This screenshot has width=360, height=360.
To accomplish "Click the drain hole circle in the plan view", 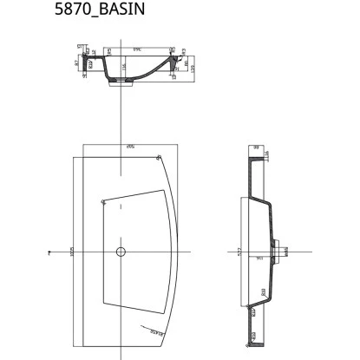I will (x=121, y=252).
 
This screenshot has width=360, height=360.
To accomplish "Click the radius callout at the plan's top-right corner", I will (x=161, y=157).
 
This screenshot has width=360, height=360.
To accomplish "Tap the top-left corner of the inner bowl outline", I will (x=102, y=201).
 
